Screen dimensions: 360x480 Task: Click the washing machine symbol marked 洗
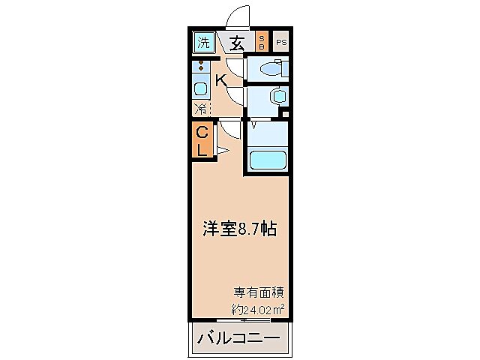tap(202, 43)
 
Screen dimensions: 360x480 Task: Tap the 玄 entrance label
tap(237, 43)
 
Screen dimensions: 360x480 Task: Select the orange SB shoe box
tap(262, 42)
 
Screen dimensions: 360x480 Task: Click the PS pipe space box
tap(281, 43)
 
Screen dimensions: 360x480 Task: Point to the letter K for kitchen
tap(222, 80)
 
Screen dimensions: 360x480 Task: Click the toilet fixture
tap(269, 70)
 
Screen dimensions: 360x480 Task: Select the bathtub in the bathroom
tap(268, 160)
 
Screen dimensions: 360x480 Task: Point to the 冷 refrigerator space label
tap(200, 109)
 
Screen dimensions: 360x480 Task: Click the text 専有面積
tap(258, 291)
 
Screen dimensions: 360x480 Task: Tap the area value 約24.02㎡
tap(257, 307)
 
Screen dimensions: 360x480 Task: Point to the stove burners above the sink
tap(201, 68)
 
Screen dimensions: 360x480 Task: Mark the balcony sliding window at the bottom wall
tap(255, 319)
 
